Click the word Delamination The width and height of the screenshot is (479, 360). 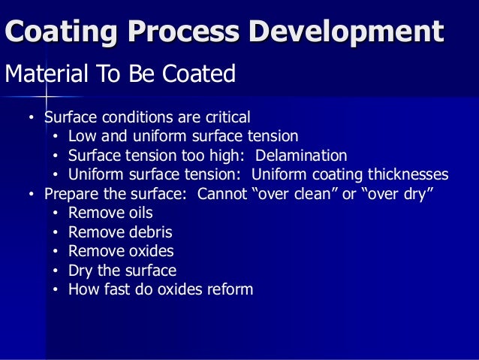301,156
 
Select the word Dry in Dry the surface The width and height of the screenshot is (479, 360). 80,271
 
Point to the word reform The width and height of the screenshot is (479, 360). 229,289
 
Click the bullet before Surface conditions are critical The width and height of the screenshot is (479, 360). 32,119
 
